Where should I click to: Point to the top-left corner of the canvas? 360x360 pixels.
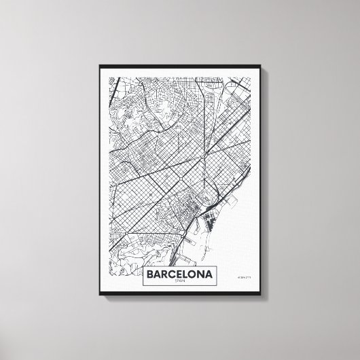(100, 63)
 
